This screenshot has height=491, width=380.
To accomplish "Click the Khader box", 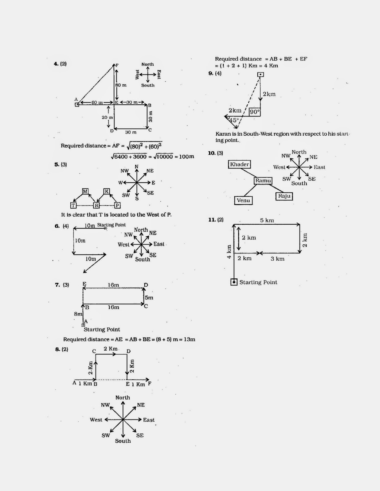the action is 239,164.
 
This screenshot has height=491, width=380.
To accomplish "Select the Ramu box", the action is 263,181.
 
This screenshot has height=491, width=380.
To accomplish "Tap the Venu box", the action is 243,201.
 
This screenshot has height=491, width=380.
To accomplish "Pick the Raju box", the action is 284,196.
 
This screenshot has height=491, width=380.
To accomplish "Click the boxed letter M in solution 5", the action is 85,191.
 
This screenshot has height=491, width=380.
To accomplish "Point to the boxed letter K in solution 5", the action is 107,191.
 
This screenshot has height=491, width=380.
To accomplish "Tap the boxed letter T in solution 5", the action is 73,205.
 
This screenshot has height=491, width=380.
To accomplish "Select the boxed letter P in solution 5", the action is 117,205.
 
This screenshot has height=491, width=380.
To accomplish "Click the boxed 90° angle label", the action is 255,112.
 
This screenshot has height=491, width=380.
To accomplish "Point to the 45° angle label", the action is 233,120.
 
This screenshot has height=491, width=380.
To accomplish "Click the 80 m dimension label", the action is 121,85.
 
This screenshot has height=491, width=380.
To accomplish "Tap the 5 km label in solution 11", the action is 267,220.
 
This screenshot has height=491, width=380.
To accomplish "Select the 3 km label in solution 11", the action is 277,259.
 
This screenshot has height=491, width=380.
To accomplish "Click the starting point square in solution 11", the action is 234,282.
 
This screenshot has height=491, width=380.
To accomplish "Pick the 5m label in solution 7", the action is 149,298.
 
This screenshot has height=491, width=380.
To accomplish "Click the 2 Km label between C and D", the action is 111,349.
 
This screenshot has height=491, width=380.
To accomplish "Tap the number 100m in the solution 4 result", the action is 186,157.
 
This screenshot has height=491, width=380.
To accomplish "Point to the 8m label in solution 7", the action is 78,314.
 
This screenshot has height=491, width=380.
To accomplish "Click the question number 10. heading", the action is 212,153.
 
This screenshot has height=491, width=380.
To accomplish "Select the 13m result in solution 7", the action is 190,339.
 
